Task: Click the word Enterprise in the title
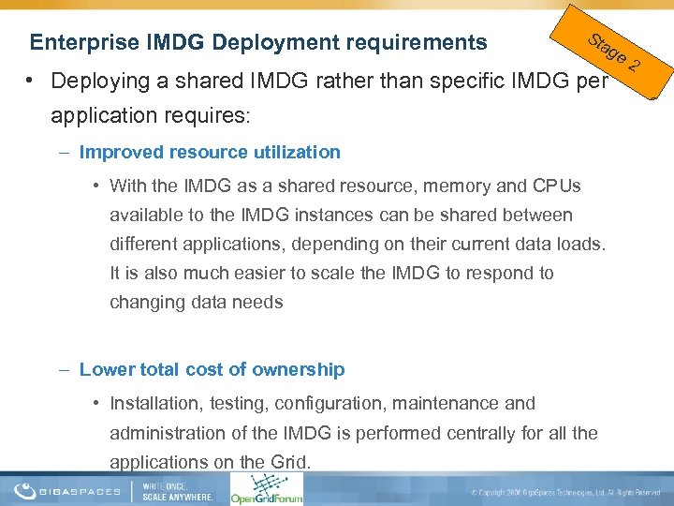coord(84,43)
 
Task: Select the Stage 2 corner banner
coord(613,52)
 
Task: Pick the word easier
coord(252,274)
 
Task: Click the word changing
coord(142,303)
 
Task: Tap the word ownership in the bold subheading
coord(300,369)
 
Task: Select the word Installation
coord(155,404)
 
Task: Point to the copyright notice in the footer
coord(565,492)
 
